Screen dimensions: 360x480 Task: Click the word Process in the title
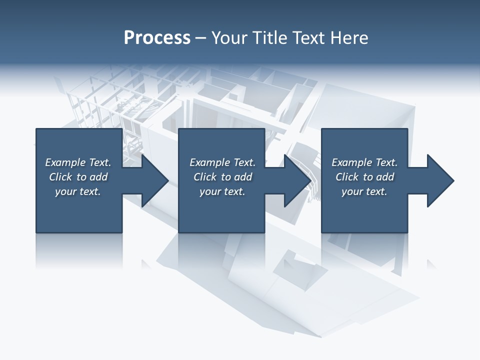pos(157,38)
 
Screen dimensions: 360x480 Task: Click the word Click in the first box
pos(61,177)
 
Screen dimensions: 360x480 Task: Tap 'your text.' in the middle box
pos(222,191)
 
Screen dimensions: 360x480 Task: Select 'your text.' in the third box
pos(364,191)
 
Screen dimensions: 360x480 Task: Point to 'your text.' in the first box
pos(77,191)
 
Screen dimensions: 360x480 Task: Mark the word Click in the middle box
pos(205,177)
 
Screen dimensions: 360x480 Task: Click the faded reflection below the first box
pos(79,250)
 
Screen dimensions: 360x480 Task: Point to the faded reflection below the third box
pos(364,250)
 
